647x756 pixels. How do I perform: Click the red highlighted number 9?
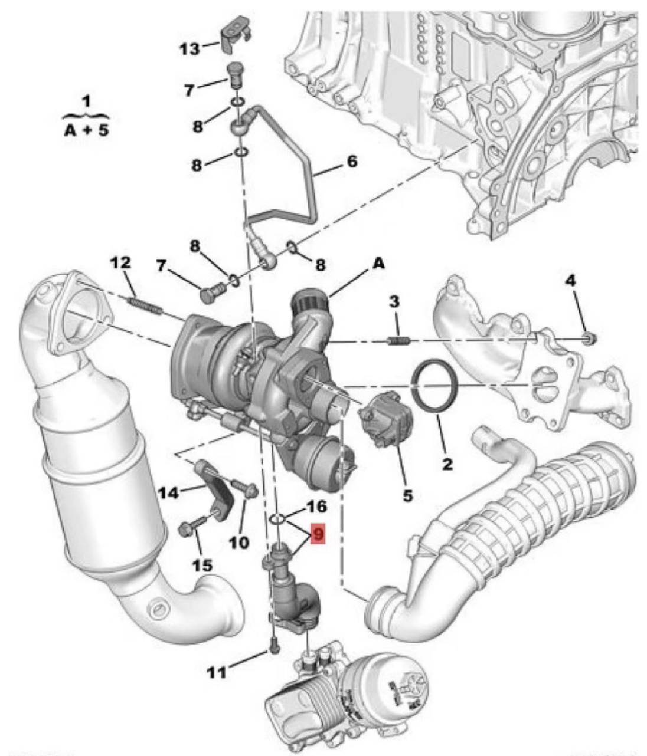click(318, 535)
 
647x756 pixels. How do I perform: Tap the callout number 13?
click(190, 48)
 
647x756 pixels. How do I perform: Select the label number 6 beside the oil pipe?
click(352, 161)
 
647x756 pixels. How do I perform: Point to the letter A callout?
click(378, 264)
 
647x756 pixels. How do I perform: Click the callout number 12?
click(121, 264)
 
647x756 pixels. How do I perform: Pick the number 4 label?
click(570, 281)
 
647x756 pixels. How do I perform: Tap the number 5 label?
click(408, 496)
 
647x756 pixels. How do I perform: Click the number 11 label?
click(217, 672)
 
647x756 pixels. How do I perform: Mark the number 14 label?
click(168, 491)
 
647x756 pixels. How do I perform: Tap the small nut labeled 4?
click(589, 338)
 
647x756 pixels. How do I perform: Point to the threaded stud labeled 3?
click(398, 340)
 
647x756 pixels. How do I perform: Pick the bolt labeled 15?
click(191, 526)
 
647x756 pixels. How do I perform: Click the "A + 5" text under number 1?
click(86, 130)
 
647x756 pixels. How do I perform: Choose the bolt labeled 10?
click(244, 489)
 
